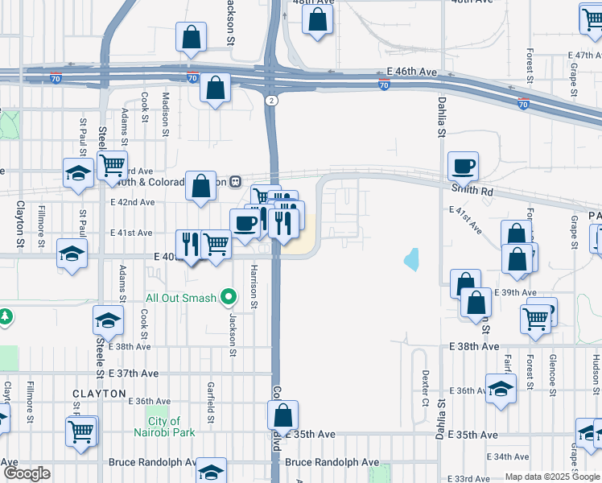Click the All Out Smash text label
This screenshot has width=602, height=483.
[180, 298]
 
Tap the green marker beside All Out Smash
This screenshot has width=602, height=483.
[229, 299]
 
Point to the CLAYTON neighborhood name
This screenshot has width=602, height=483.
[99, 394]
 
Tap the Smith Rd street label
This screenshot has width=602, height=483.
[472, 192]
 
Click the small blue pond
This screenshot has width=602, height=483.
[412, 258]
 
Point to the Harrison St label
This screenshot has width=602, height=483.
[253, 287]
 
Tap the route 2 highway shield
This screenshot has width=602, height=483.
[272, 100]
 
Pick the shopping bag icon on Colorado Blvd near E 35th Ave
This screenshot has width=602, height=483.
[282, 416]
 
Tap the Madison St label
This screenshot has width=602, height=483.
[166, 106]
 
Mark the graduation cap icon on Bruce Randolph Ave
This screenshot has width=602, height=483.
[211, 471]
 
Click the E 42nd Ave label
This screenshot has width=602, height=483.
[132, 202]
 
